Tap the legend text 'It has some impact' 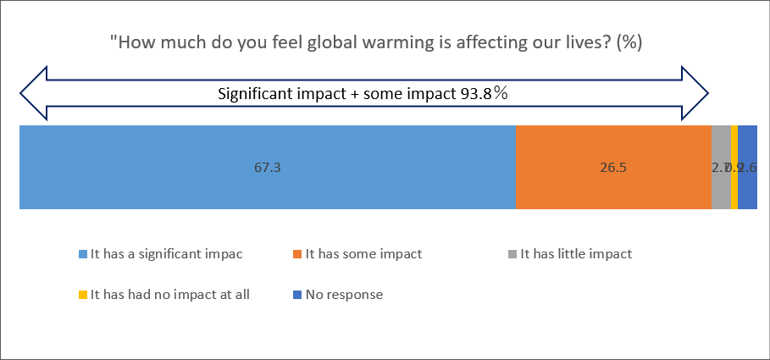click(363, 253)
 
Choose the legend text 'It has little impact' click(576, 253)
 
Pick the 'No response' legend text click(344, 295)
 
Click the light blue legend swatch click(83, 254)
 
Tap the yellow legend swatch click(83, 296)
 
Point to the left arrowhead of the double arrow click(32, 93)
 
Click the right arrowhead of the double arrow click(695, 93)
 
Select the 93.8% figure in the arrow click(485, 93)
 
